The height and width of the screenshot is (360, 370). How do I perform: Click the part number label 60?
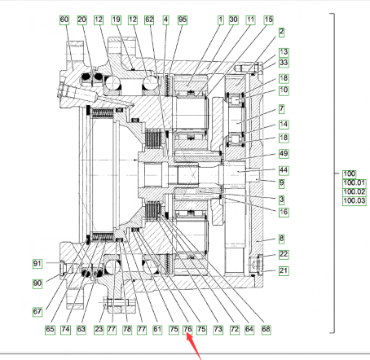[x=64, y=20]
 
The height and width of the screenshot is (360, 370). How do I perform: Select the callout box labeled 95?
[x=183, y=20]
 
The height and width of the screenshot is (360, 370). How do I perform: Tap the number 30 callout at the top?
[x=233, y=20]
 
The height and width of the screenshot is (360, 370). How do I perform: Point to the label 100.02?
[x=355, y=192]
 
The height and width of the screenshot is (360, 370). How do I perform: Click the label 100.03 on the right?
[x=355, y=201]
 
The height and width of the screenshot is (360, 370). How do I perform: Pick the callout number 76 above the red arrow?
[x=187, y=329]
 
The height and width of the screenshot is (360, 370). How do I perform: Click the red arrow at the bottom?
[x=193, y=347]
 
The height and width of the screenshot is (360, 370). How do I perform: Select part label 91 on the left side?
[x=37, y=264]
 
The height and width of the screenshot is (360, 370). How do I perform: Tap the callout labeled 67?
[x=37, y=312]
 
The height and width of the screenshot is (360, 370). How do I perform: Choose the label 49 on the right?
[x=284, y=154]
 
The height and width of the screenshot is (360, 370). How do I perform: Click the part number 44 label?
[x=284, y=170]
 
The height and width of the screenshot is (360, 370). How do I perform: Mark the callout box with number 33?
[x=284, y=63]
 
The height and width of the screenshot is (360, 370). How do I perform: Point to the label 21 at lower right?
[x=284, y=271]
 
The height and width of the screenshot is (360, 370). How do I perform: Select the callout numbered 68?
[x=266, y=329]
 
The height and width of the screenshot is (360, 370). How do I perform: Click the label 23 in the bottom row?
[x=99, y=329]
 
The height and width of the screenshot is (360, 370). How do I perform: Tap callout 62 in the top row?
[x=149, y=20]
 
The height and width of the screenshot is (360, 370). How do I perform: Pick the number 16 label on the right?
[x=284, y=212]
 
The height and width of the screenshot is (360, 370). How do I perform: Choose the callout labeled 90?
[x=37, y=283]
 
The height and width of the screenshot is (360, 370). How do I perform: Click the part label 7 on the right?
[x=282, y=109]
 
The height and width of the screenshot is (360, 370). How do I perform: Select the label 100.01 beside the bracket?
[x=355, y=183]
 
